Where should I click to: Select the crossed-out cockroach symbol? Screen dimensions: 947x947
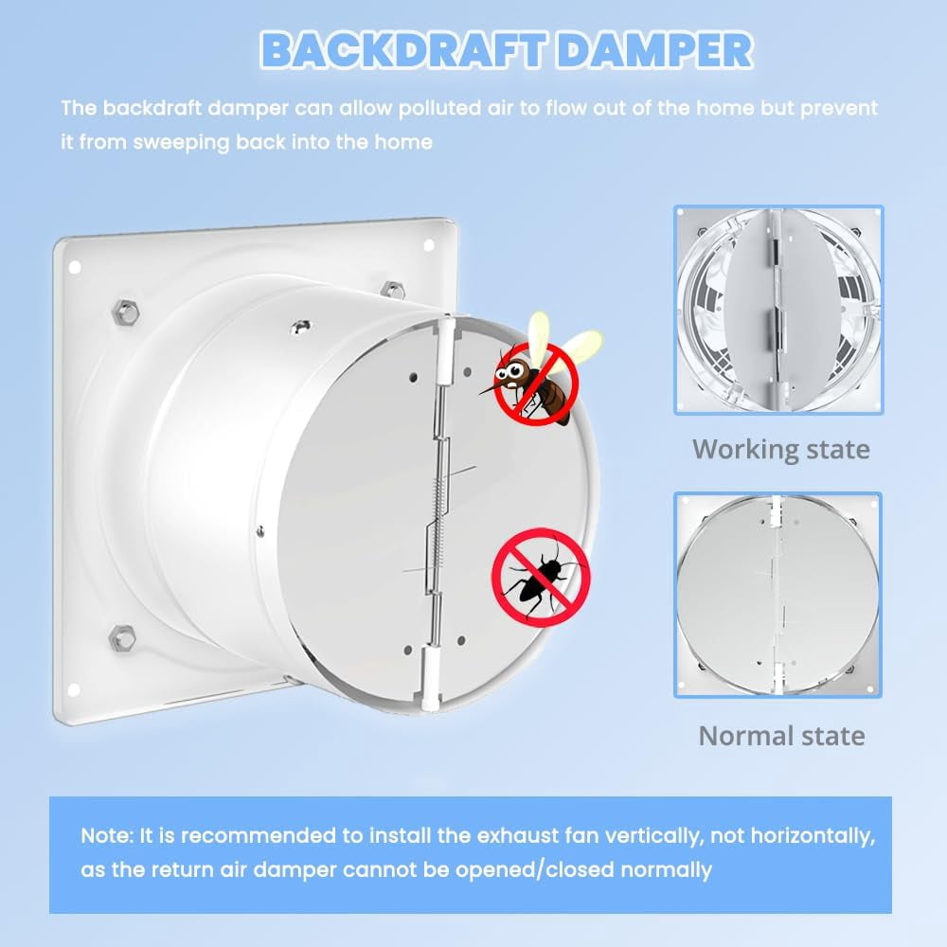(x=540, y=577)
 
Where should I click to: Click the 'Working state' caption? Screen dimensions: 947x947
(x=781, y=449)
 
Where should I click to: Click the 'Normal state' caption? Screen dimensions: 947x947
(x=781, y=736)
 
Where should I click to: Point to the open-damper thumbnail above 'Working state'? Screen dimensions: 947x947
(x=778, y=310)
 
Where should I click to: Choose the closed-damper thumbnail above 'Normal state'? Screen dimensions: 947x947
(x=777, y=595)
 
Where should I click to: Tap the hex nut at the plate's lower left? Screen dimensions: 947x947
(x=122, y=639)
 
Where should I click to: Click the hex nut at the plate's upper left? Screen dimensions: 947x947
(x=126, y=311)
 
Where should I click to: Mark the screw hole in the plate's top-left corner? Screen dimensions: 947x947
(x=75, y=267)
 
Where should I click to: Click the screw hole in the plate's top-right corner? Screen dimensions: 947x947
(x=429, y=245)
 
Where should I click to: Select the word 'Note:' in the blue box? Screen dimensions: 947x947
(x=107, y=836)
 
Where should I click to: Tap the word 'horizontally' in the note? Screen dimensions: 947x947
(x=813, y=836)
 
